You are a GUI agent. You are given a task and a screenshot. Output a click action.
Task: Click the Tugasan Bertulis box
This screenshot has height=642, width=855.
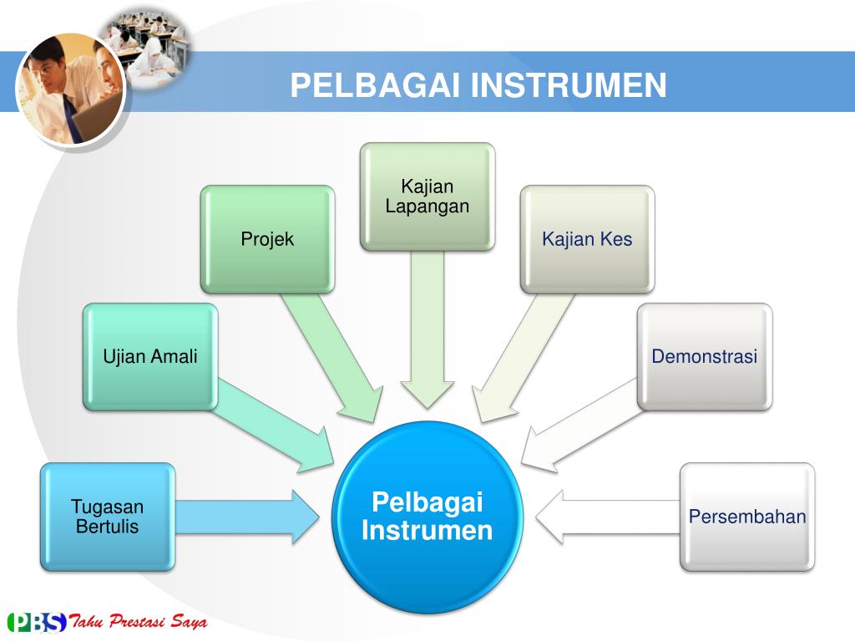coord(108,517)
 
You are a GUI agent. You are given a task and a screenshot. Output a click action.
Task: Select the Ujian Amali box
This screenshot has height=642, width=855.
coord(150,357)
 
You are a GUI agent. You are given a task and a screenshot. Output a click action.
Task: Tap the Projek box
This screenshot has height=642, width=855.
coord(267,239)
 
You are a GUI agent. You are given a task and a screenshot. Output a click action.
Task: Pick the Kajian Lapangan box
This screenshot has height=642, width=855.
coord(427,197)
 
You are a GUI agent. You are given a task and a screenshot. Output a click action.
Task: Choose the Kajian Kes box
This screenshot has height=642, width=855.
coord(587,239)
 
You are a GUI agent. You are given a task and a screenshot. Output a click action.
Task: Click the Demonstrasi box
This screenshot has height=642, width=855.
coord(704,357)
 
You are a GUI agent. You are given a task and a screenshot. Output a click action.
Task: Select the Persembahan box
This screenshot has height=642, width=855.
coord(746,517)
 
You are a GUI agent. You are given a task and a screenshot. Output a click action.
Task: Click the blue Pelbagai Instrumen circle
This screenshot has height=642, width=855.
coord(427,517)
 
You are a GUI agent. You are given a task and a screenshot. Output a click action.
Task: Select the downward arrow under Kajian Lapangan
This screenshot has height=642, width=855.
coord(427,326)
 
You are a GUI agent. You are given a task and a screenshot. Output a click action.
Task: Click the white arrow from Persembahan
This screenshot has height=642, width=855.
coord(605,517)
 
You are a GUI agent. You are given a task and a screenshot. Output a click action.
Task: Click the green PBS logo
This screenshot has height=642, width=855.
coord(37,623)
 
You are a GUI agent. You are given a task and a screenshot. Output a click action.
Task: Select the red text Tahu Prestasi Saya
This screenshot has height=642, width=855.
coord(138,623)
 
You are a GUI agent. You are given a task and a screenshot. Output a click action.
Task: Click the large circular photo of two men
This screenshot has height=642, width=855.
coord(70,89)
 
